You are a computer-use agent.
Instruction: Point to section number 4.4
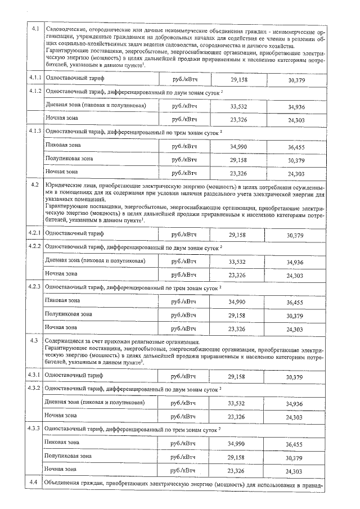[33, 484]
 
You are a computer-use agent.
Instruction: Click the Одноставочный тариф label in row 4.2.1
[74, 233]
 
